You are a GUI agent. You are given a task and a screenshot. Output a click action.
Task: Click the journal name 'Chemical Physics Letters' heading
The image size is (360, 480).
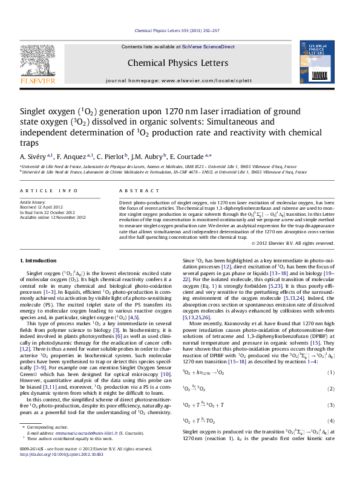(x=177, y=62)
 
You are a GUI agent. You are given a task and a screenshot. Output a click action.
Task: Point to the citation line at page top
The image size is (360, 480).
(x=177, y=30)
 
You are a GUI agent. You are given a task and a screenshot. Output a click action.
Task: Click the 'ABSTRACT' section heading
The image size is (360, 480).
(x=134, y=190)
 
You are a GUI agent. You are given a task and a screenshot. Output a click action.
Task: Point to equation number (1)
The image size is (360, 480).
(x=330, y=391)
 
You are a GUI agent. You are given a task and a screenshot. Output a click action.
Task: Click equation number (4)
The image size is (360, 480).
(x=330, y=436)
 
